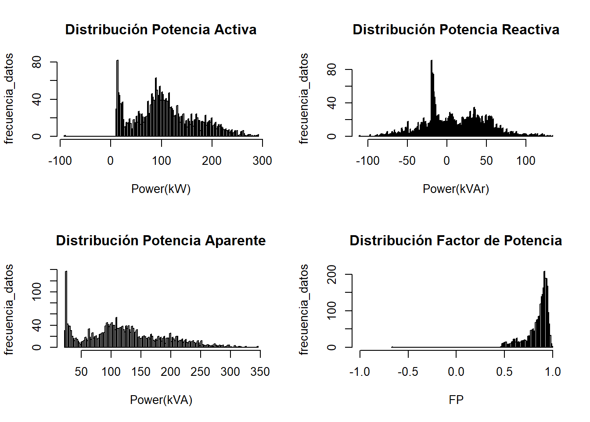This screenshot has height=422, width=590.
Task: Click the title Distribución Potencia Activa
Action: click(x=161, y=29)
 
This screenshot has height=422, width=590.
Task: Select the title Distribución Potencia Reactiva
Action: click(x=456, y=29)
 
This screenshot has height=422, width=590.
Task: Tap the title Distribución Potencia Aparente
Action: click(x=161, y=240)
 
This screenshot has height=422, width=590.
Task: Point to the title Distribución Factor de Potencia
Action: click(x=456, y=240)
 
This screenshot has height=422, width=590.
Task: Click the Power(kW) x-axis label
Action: click(x=161, y=189)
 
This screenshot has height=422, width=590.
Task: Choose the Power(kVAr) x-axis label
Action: click(x=456, y=189)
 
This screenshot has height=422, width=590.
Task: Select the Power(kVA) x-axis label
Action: click(x=161, y=400)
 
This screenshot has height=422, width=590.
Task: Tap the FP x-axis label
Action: click(x=456, y=400)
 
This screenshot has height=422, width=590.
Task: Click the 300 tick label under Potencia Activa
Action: click(x=262, y=161)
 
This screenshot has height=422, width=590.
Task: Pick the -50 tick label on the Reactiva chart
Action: click(x=407, y=161)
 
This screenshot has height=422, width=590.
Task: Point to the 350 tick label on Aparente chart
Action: click(x=260, y=372)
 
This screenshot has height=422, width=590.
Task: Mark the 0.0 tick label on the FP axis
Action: click(x=456, y=372)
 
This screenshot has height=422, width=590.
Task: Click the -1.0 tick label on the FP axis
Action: click(x=360, y=372)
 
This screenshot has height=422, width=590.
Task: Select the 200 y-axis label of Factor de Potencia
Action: click(x=332, y=274)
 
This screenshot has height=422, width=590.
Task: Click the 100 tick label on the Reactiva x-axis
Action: click(x=525, y=161)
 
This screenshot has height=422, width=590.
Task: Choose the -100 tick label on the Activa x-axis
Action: click(x=60, y=161)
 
